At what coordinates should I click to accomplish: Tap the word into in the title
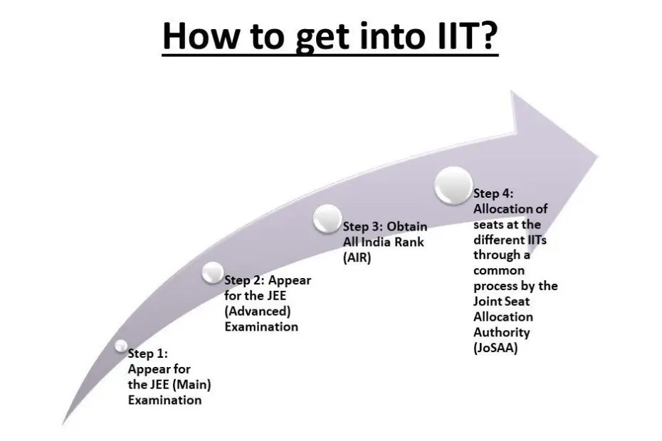pyautogui.click(x=380, y=36)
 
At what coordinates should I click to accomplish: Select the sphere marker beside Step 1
pyautogui.click(x=121, y=346)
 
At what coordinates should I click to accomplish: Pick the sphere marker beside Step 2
pyautogui.click(x=213, y=271)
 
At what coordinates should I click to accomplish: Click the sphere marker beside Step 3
pyautogui.click(x=327, y=218)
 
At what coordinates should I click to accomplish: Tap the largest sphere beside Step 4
pyautogui.click(x=453, y=187)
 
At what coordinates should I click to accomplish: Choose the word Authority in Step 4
pyautogui.click(x=502, y=332)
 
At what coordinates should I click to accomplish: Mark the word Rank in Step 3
pyautogui.click(x=412, y=242)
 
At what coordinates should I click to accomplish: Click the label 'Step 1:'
pyautogui.click(x=148, y=353)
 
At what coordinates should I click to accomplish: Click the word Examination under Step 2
pyautogui.click(x=261, y=326)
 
